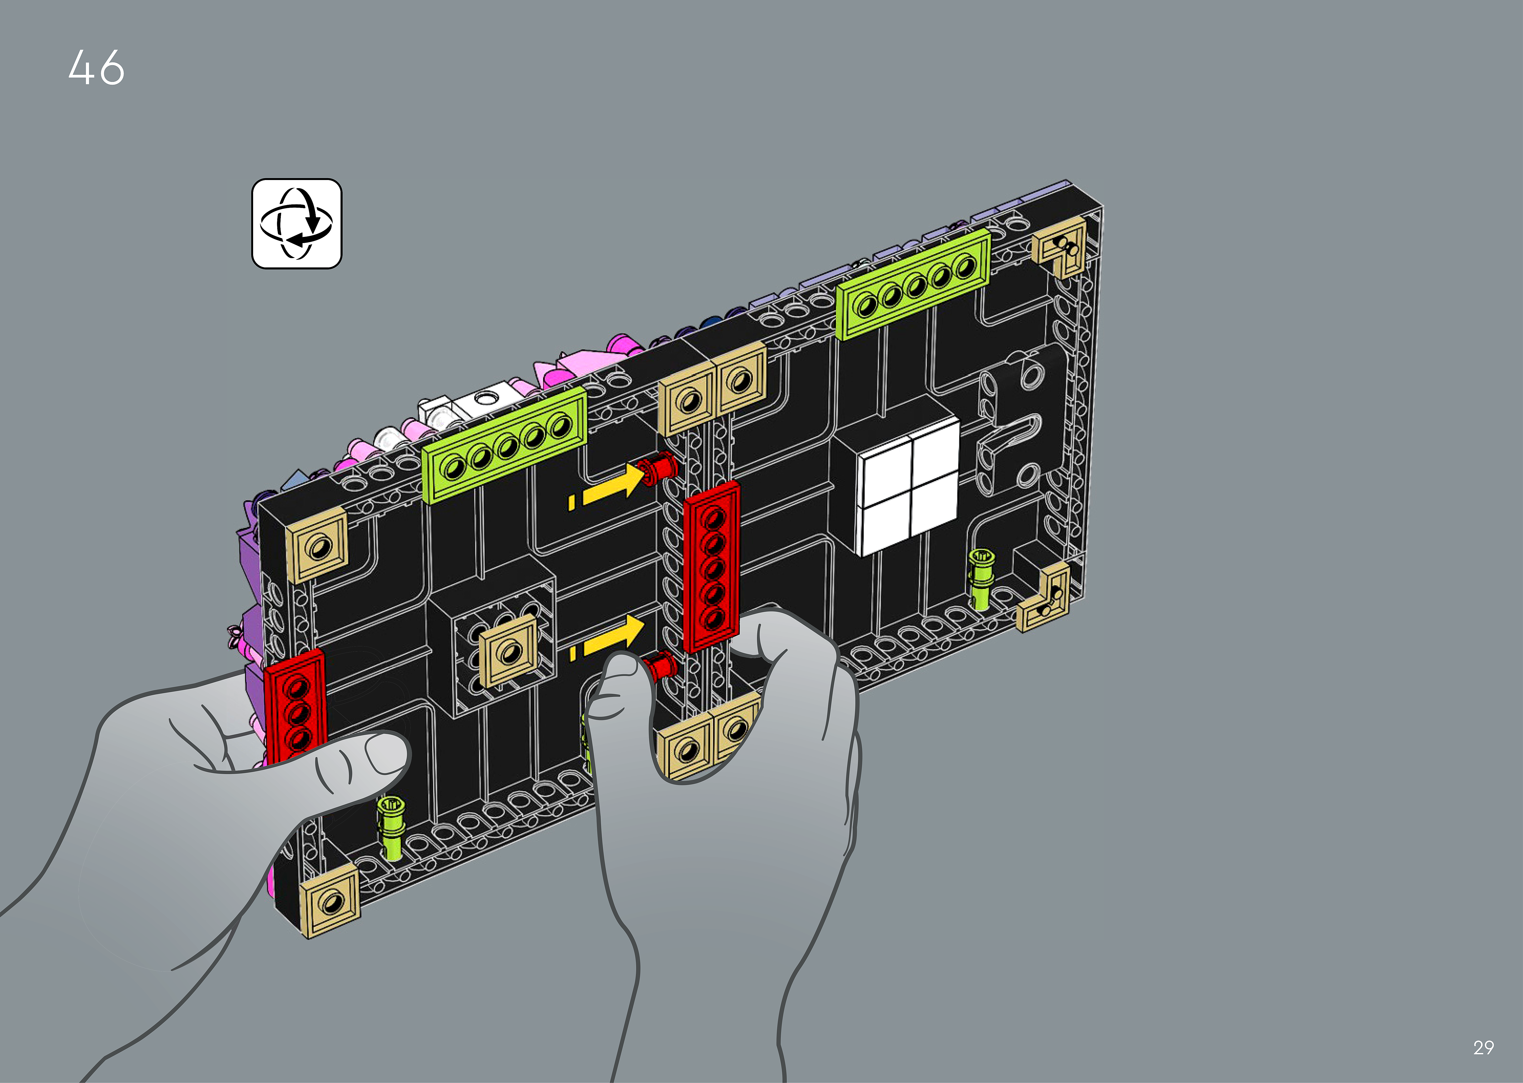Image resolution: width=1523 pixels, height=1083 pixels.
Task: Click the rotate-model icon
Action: pos(297,223)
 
